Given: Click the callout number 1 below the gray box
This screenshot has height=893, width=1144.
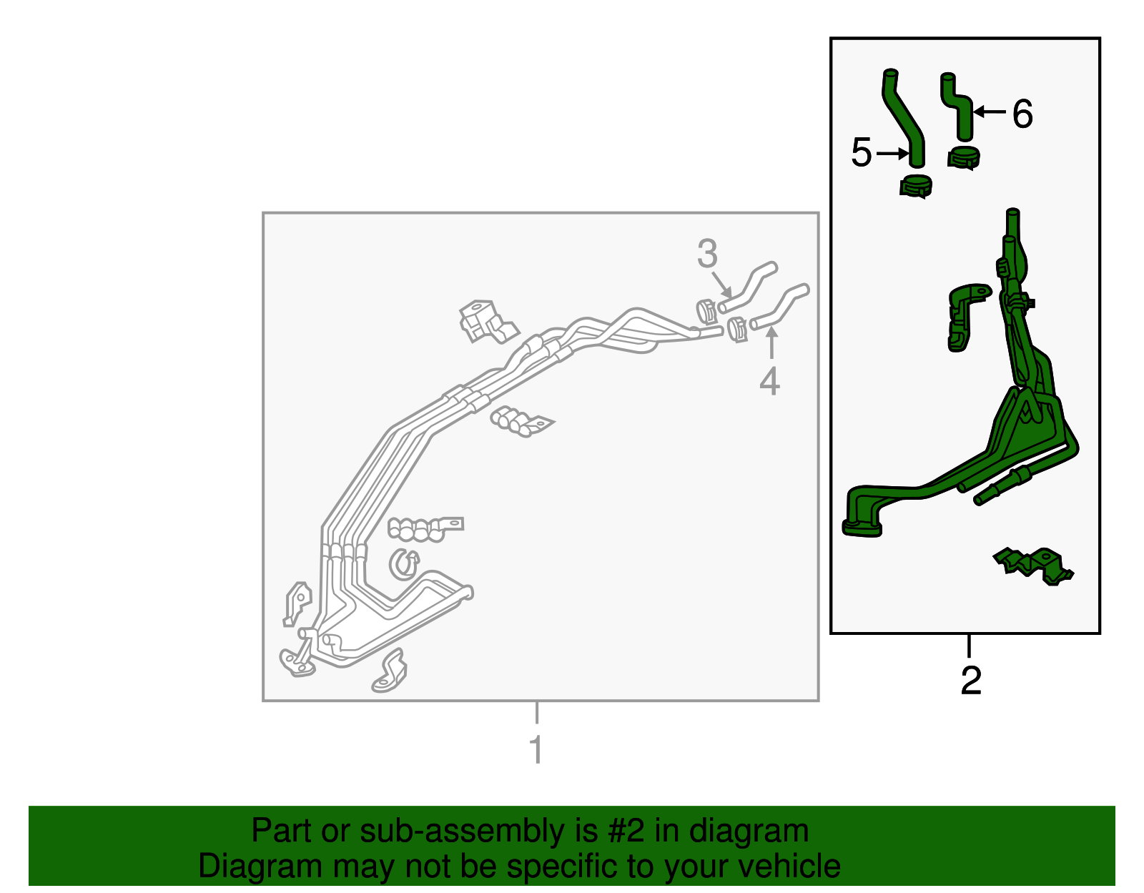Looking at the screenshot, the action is click(536, 749).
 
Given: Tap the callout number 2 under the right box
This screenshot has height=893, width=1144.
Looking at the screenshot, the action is click(971, 681).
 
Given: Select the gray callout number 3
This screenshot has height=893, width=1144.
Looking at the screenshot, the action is click(707, 253).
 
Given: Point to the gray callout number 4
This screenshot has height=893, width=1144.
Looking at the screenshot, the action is click(769, 382).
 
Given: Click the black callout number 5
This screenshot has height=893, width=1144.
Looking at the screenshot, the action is click(862, 152).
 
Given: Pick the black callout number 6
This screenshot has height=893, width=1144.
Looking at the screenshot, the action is click(1022, 114).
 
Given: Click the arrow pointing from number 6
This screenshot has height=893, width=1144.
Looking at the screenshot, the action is click(990, 112).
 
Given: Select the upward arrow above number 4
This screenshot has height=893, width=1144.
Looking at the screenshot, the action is click(771, 342).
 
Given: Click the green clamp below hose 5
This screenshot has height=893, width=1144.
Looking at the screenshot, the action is click(915, 186).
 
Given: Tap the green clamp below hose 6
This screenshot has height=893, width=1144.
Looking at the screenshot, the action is click(963, 158).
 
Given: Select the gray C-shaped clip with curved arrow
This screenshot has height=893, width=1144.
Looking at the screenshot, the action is click(404, 565).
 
